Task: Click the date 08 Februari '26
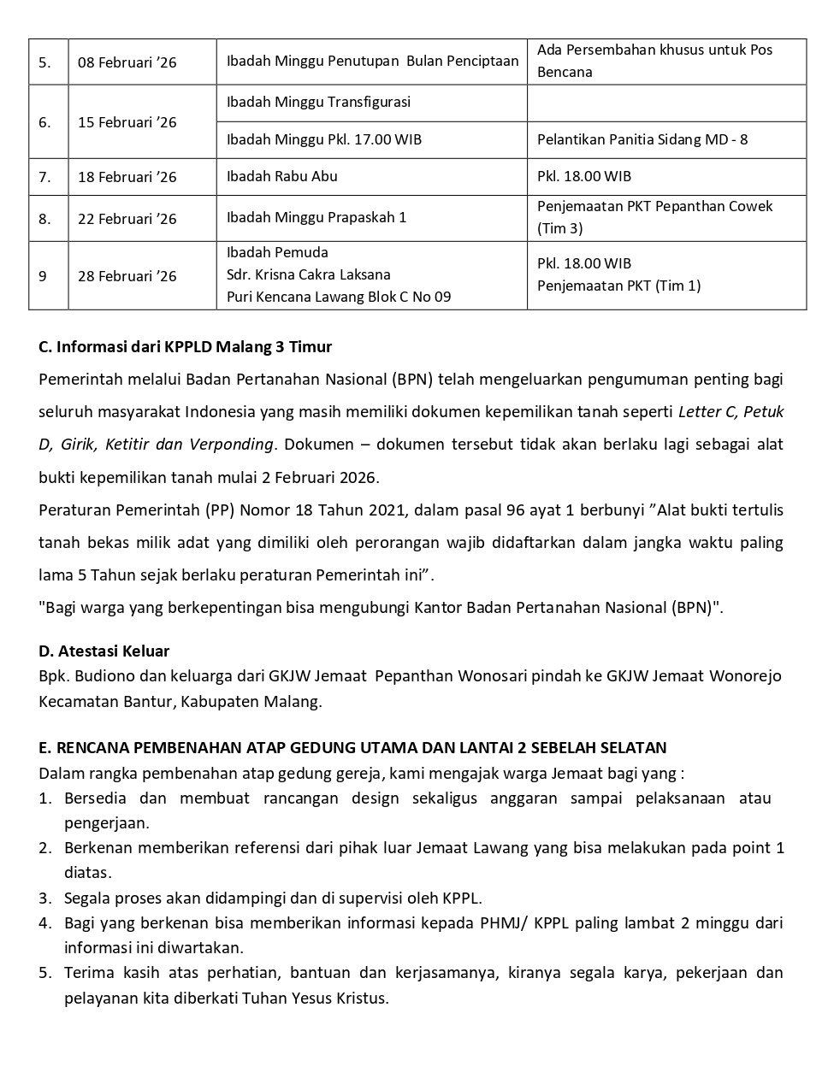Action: point(127,62)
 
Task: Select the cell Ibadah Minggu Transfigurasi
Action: point(318,103)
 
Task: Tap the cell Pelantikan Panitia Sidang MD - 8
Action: point(642,139)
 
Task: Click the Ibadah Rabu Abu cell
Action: point(281,177)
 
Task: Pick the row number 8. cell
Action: point(44,219)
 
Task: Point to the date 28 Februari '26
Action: point(127,276)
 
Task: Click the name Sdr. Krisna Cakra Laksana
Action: point(308,274)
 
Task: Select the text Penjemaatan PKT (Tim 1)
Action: point(618,286)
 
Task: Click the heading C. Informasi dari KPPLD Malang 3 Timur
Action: point(185,347)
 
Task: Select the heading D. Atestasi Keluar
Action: point(104,651)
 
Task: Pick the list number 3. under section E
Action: point(45,899)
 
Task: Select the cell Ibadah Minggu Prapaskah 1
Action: point(316,217)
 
